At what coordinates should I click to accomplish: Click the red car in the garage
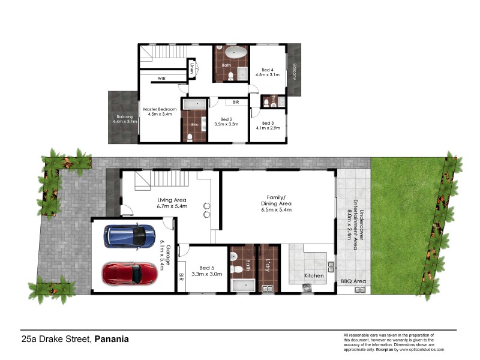[x=130, y=274]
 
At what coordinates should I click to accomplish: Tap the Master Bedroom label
[x=160, y=112]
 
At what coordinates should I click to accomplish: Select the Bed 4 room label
[x=268, y=72]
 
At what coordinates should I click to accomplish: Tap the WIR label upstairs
[x=161, y=78]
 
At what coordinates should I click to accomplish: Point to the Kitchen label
[x=314, y=276]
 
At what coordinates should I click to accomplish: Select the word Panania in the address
[x=111, y=339]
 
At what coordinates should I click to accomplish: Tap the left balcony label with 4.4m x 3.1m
[x=124, y=118]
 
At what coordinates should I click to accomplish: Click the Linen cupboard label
[x=192, y=67]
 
